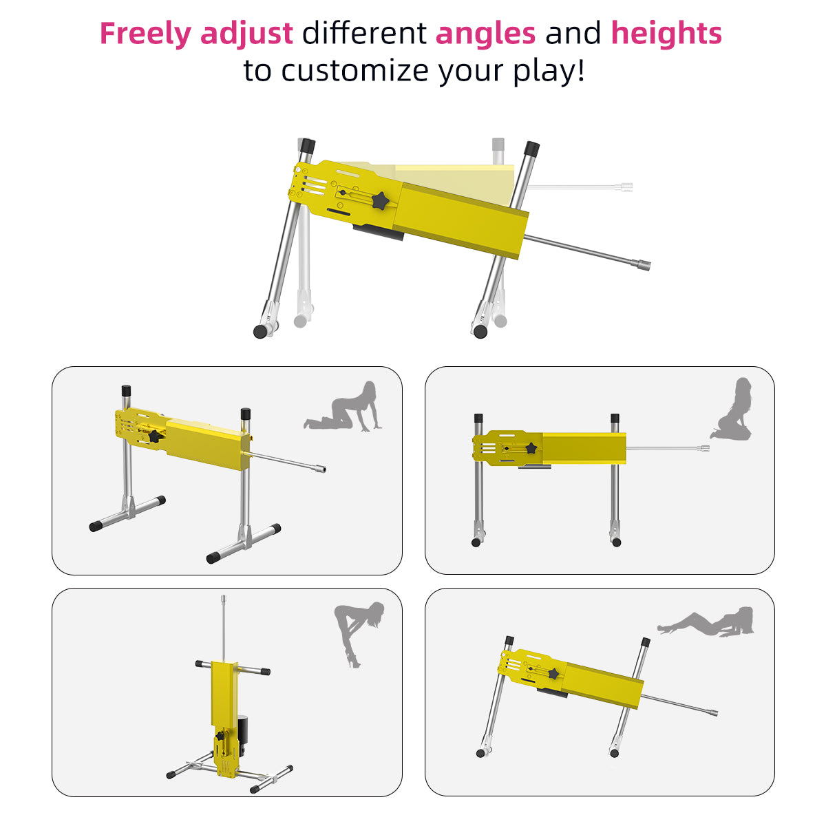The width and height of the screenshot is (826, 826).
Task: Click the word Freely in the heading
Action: point(145,34)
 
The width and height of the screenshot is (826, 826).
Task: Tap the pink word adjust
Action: point(246,34)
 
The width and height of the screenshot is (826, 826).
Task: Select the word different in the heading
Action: point(364,34)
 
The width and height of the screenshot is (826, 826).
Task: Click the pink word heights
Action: point(666,34)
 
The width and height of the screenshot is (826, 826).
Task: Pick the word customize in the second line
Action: point(355,70)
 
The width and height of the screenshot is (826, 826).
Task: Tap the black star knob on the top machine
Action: point(380,200)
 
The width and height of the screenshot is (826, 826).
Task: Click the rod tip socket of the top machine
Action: point(643,264)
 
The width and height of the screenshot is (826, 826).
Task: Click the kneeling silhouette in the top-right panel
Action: point(732,409)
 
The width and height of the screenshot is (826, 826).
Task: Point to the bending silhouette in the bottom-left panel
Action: point(358,633)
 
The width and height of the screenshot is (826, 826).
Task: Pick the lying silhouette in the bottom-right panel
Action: point(706,622)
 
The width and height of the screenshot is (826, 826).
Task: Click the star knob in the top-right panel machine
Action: point(531,448)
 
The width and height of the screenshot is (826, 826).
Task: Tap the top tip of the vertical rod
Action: point(223,597)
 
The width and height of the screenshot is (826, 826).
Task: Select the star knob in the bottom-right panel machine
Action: point(553,673)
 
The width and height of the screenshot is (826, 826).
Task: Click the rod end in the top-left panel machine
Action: point(320,469)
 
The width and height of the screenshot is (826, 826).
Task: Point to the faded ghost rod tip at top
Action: point(626,187)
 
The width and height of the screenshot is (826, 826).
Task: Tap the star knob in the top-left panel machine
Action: point(154,437)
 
